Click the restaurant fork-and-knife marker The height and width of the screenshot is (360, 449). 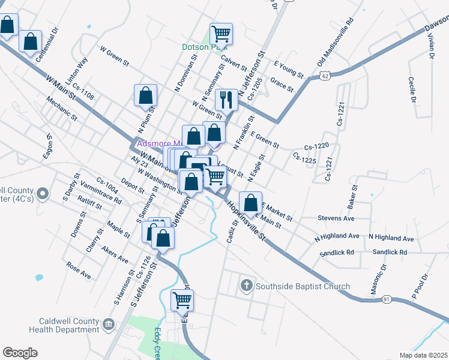tap(226, 100)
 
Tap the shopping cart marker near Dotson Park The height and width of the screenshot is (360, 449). tap(221, 34)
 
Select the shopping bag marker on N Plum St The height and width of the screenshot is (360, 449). tap(145, 95)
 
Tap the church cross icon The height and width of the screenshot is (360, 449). tap(246, 286)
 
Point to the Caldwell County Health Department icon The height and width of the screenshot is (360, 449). tap(108, 325)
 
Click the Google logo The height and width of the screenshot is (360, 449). tap(20, 353)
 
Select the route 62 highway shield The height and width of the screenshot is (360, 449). tap(325, 76)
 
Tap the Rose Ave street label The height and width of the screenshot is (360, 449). tap(79, 271)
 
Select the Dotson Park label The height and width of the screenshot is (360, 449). tap(197, 46)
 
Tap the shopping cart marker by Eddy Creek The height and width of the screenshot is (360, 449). tap(182, 299)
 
